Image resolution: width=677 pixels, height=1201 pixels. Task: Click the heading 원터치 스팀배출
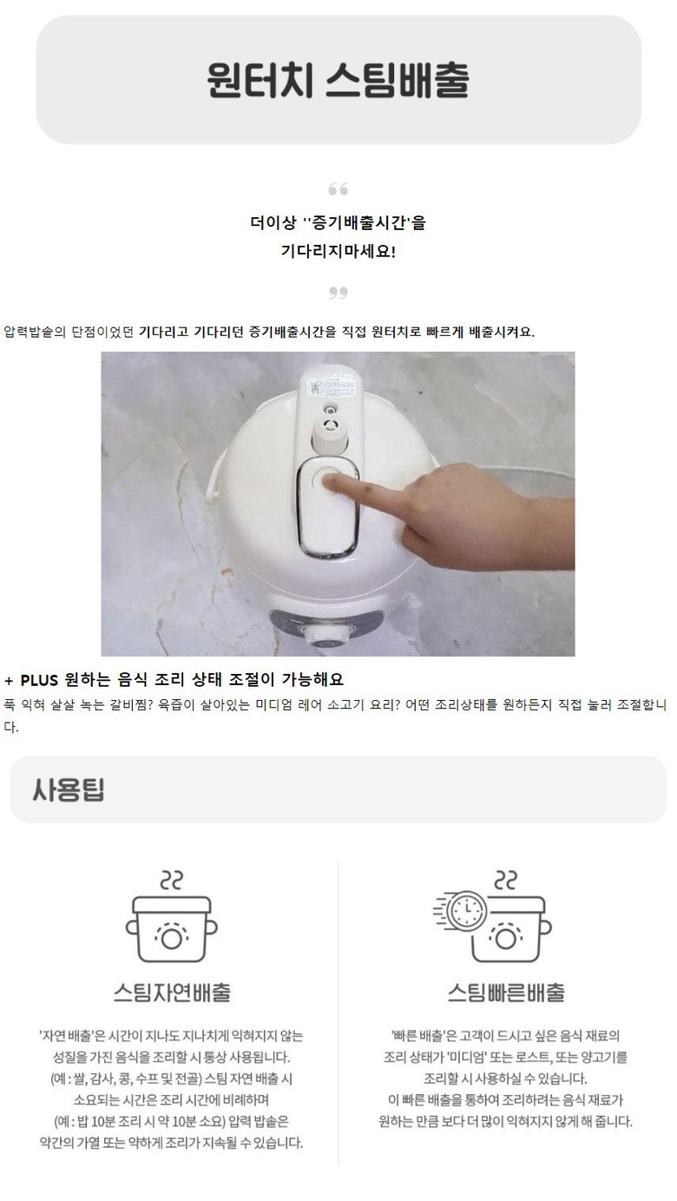point(338,79)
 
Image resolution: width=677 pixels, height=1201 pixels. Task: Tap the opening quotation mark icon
point(338,189)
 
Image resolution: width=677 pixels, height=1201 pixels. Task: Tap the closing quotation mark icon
point(338,293)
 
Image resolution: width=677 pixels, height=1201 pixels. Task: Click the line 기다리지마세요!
point(338,250)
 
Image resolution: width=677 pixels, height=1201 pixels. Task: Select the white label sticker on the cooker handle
point(331,388)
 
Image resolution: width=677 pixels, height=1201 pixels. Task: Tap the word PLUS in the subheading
point(39,680)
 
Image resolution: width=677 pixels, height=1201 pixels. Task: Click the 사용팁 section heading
point(68,789)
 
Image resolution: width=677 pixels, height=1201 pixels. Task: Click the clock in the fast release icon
point(467,910)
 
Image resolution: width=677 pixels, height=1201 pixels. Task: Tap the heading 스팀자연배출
point(172,992)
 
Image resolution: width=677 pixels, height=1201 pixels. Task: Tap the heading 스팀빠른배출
point(506,992)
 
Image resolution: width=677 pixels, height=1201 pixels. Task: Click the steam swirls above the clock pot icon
point(505,880)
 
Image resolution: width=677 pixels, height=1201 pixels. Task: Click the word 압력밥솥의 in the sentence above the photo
point(35,332)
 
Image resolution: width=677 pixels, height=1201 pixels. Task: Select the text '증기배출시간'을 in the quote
point(365,222)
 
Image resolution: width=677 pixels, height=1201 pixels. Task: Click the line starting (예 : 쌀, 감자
point(172,1079)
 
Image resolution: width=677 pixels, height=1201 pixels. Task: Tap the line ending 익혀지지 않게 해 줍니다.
point(505,1121)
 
